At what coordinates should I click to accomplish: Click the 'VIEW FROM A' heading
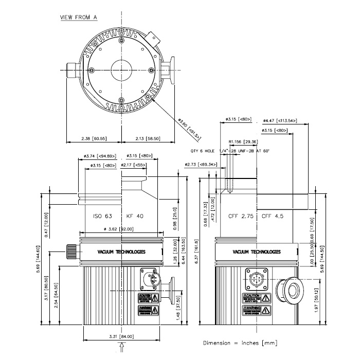click(79, 17)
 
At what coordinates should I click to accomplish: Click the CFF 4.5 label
click(273, 216)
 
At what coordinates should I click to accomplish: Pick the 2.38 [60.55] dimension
click(94, 138)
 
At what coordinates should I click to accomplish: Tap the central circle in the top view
click(121, 69)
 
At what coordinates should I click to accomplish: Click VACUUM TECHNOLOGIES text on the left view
click(121, 251)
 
